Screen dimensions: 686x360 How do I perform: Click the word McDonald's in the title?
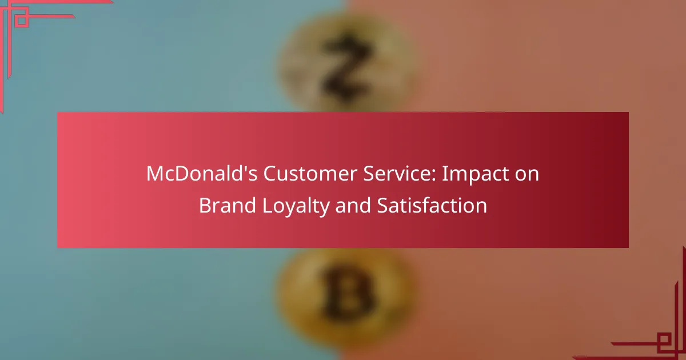tap(202, 174)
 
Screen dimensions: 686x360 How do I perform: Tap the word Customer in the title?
tap(310, 174)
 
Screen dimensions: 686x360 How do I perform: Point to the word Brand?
tap(228, 205)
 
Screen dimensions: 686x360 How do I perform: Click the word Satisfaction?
tap(432, 205)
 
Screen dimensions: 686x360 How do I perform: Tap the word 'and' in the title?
tap(353, 205)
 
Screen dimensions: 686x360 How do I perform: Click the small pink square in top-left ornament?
tap(22, 20)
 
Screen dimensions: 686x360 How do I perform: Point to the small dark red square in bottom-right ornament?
tap(664, 340)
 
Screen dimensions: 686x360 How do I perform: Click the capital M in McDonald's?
tap(156, 174)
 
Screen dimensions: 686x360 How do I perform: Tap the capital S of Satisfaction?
tap(383, 205)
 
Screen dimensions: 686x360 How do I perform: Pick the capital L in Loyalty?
tap(268, 205)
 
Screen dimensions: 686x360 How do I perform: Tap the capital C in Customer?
tap(270, 174)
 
